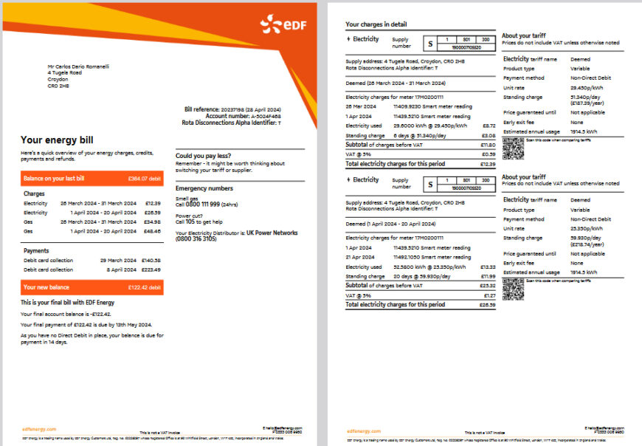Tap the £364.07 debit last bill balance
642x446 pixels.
144,178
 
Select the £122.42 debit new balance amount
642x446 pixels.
144,287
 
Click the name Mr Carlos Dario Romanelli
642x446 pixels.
78,66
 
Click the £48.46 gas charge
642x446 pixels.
152,231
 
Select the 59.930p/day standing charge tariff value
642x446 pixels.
584,239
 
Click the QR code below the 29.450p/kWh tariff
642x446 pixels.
512,148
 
